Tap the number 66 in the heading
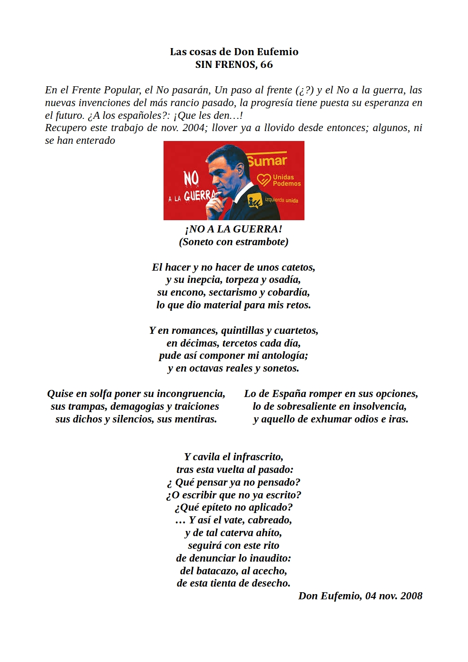tap(266, 65)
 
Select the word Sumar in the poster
tap(267, 161)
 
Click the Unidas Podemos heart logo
tap(263, 180)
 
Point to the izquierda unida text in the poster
tap(281, 200)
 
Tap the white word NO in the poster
tap(191, 178)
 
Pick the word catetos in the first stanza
tap(298, 267)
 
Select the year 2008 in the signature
tap(411, 596)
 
